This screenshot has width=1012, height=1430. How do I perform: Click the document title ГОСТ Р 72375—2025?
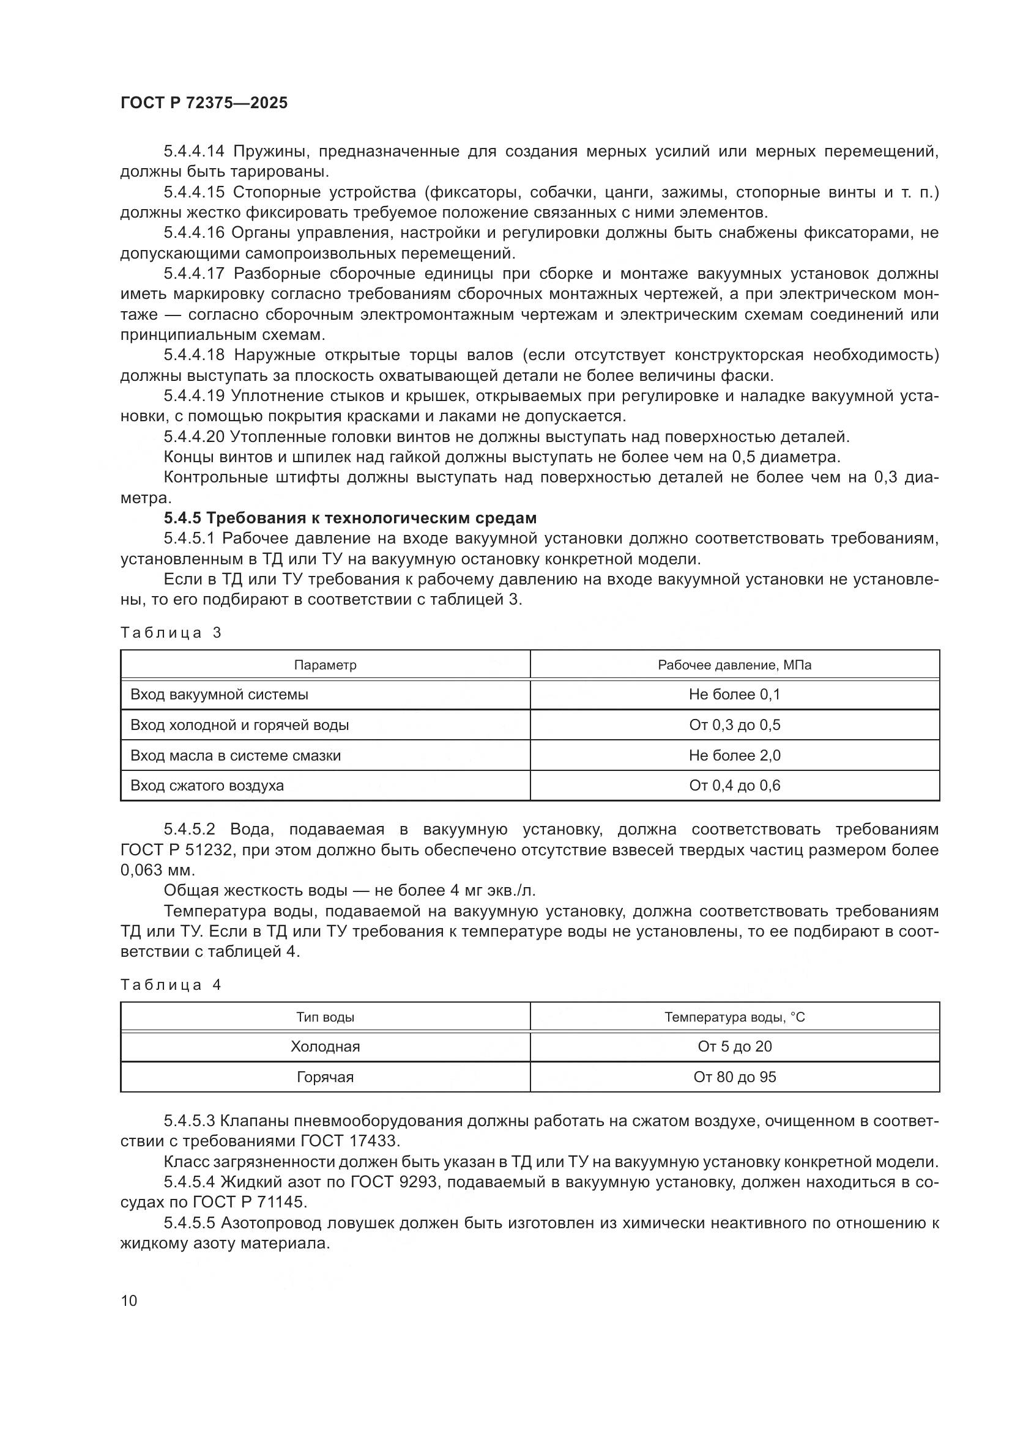pyautogui.click(x=204, y=103)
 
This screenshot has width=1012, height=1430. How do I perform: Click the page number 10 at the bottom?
pyautogui.click(x=129, y=1300)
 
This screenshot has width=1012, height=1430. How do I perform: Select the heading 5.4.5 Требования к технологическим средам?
pyautogui.click(x=349, y=518)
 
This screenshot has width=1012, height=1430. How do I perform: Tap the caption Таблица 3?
pyautogui.click(x=171, y=633)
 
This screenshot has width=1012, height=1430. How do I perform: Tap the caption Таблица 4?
pyautogui.click(x=171, y=985)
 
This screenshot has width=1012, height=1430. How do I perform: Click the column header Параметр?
pyautogui.click(x=326, y=665)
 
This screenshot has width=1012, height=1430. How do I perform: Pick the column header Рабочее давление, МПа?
pyautogui.click(x=734, y=665)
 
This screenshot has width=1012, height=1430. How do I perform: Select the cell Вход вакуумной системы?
pyautogui.click(x=220, y=695)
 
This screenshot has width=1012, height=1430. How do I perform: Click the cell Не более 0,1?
pyautogui.click(x=734, y=695)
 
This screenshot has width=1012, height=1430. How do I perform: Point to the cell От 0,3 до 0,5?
pyautogui.click(x=734, y=725)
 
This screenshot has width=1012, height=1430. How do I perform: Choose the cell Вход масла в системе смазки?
pyautogui.click(x=236, y=756)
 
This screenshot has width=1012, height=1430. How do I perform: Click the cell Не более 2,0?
pyautogui.click(x=734, y=756)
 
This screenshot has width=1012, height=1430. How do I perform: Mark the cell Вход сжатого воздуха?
pyautogui.click(x=207, y=786)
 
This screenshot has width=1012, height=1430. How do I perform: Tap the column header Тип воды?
pyautogui.click(x=326, y=1018)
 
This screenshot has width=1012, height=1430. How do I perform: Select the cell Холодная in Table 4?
pyautogui.click(x=326, y=1046)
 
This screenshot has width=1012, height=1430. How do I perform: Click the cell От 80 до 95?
pyautogui.click(x=734, y=1077)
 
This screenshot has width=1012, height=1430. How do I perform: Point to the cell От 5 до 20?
pyautogui.click(x=734, y=1046)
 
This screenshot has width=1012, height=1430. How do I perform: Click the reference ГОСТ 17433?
pyautogui.click(x=348, y=1141)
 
